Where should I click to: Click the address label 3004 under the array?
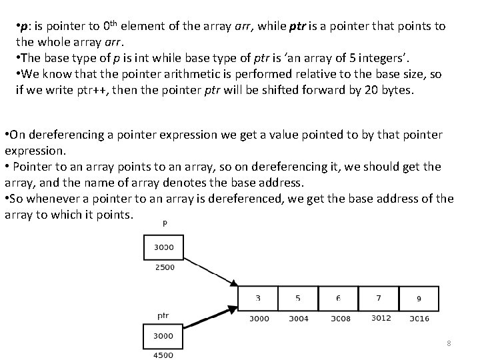click(298, 319)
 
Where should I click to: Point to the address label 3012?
click(381, 318)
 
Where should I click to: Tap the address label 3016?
click(420, 319)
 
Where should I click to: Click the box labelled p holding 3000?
click(163, 248)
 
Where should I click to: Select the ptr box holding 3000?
click(163, 336)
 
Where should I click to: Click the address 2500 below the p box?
click(163, 267)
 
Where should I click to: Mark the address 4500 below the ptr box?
click(163, 355)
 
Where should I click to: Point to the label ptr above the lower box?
click(163, 315)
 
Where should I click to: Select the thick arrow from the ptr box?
click(210, 313)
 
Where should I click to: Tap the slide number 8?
click(449, 343)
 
